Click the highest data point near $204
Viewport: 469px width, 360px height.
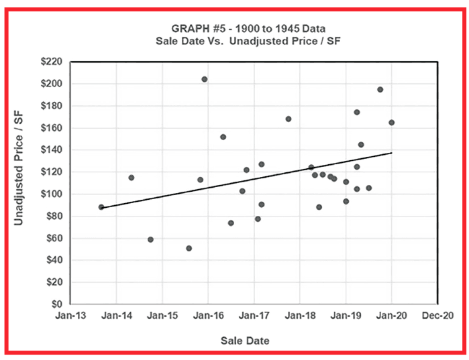click(205, 79)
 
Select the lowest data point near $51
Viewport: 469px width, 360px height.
click(189, 248)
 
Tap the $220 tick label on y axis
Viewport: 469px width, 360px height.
click(50, 62)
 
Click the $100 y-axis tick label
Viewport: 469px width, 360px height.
click(50, 194)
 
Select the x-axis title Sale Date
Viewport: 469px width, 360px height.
click(245, 341)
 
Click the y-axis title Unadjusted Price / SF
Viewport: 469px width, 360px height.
click(20, 182)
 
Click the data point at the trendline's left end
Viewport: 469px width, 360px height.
click(101, 207)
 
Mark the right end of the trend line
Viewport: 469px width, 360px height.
click(392, 153)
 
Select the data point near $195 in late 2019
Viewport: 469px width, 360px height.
click(380, 89)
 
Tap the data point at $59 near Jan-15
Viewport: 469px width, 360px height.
click(150, 239)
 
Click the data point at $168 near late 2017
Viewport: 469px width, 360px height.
click(289, 119)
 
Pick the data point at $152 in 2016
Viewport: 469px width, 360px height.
click(223, 137)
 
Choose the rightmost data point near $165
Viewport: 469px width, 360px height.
click(391, 123)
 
